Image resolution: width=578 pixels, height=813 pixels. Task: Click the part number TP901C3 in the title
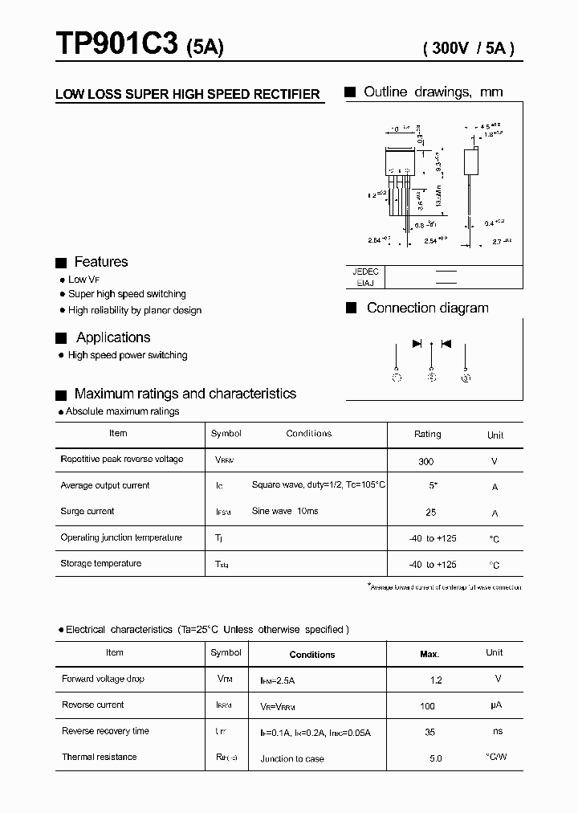pyautogui.click(x=116, y=45)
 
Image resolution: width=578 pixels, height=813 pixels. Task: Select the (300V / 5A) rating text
pyautogui.click(x=468, y=47)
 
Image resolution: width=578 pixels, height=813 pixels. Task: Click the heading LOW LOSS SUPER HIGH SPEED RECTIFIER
pyautogui.click(x=188, y=95)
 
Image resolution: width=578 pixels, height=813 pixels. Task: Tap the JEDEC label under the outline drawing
pyautogui.click(x=365, y=272)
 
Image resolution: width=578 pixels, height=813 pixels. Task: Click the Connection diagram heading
pyautogui.click(x=427, y=308)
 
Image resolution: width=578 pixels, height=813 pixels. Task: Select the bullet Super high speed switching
pyautogui.click(x=127, y=294)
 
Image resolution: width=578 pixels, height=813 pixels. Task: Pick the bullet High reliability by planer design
pyautogui.click(x=135, y=310)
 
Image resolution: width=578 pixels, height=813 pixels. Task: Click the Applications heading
pyautogui.click(x=113, y=337)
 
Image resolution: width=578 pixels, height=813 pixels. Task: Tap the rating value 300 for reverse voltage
pyautogui.click(x=426, y=461)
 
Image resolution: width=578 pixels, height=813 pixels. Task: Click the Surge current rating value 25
pyautogui.click(x=430, y=513)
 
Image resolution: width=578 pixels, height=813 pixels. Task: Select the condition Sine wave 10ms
pyautogui.click(x=285, y=512)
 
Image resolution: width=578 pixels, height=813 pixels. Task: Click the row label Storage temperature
pyautogui.click(x=100, y=563)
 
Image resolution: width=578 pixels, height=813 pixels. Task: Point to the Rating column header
pyautogui.click(x=427, y=434)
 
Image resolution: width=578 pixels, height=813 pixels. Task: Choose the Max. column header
pyautogui.click(x=429, y=654)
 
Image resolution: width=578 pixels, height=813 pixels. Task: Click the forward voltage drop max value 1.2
pyautogui.click(x=436, y=680)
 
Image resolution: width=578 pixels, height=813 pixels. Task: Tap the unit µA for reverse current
pyautogui.click(x=495, y=705)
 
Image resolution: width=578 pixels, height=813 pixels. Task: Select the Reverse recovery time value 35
pyautogui.click(x=430, y=732)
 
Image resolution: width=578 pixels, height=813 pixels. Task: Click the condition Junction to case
pyautogui.click(x=292, y=758)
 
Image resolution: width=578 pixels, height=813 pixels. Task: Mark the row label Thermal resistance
pyautogui.click(x=99, y=757)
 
